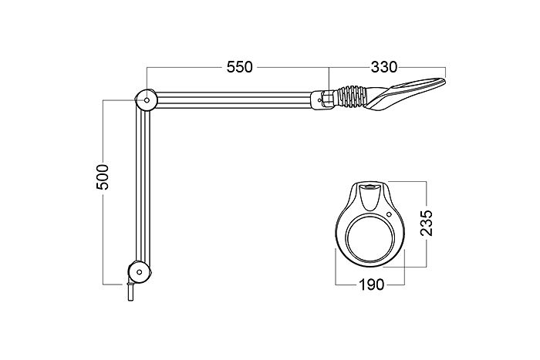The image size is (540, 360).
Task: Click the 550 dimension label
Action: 240,67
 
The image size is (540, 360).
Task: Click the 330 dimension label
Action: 383,67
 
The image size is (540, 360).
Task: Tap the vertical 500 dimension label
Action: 103,177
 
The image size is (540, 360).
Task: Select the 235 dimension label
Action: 427,223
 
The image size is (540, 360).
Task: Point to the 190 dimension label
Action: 371,284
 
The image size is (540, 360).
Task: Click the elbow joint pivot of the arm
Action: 147,100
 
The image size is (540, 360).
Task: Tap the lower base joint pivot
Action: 139,272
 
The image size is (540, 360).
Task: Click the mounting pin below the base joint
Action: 130,291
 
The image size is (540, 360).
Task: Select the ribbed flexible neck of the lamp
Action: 350,96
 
